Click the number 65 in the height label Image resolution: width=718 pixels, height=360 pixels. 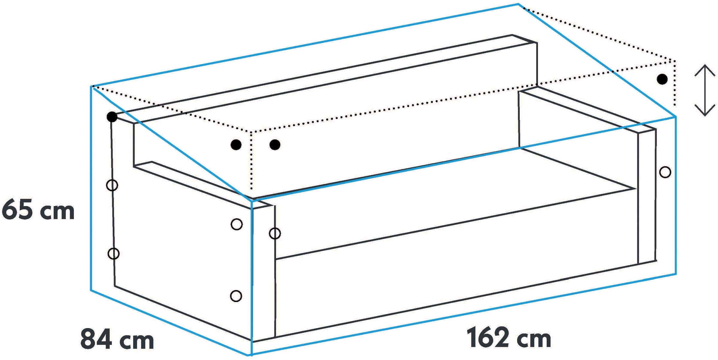(17, 209)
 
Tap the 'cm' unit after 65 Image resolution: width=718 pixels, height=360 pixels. (57, 212)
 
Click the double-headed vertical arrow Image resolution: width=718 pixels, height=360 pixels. (705, 90)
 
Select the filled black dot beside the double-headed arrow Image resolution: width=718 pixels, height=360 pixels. (662, 79)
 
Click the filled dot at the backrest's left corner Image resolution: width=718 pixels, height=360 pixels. (112, 117)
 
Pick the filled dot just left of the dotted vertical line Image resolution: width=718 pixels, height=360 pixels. (236, 145)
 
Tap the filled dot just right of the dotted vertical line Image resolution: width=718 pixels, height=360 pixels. (275, 145)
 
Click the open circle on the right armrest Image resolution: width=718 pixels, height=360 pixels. (665, 172)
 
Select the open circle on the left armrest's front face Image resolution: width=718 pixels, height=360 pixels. (275, 234)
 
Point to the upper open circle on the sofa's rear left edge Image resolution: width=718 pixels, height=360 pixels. (112, 185)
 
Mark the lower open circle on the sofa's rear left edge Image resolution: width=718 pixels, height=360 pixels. (113, 254)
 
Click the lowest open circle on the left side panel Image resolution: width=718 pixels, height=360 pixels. (236, 296)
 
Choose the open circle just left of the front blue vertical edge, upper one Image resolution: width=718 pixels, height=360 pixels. (237, 224)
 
